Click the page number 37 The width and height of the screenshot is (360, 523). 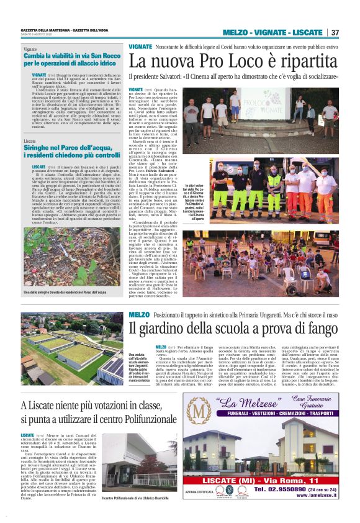(x=335, y=32)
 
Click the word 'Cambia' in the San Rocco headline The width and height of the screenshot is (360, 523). (x=39, y=55)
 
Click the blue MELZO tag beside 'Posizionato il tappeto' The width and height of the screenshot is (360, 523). (x=139, y=315)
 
